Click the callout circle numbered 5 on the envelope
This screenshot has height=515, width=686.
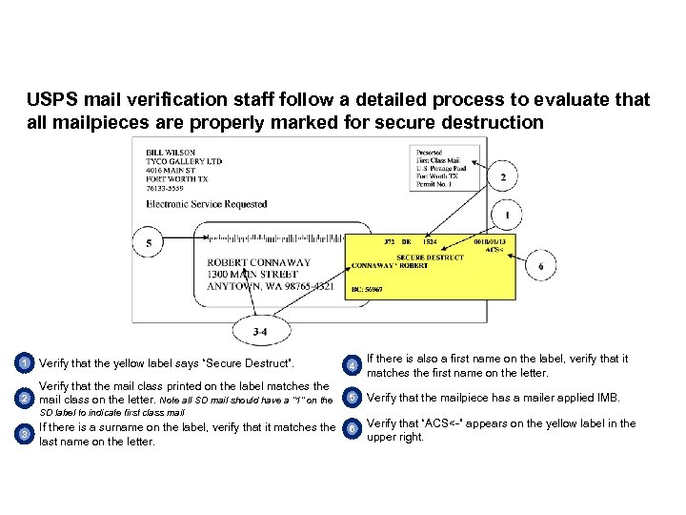point(149,244)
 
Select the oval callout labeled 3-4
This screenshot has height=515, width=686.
point(259,331)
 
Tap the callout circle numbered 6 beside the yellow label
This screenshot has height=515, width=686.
point(541,266)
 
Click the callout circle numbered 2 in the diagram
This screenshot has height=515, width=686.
point(502,178)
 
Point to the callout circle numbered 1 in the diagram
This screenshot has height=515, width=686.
point(507,215)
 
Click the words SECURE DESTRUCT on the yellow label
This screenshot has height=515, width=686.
point(430,257)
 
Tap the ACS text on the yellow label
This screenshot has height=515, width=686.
point(494,250)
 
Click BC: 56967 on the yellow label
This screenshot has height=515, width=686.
point(367,289)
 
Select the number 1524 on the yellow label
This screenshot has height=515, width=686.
point(431,241)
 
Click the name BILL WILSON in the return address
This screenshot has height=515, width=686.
point(171,153)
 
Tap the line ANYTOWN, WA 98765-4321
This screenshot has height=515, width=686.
point(270,286)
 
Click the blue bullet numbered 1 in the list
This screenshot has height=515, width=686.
point(24,363)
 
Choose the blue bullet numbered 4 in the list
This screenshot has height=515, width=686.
point(353,365)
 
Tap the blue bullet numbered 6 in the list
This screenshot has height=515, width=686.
point(353,430)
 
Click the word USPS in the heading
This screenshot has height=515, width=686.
point(49,100)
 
